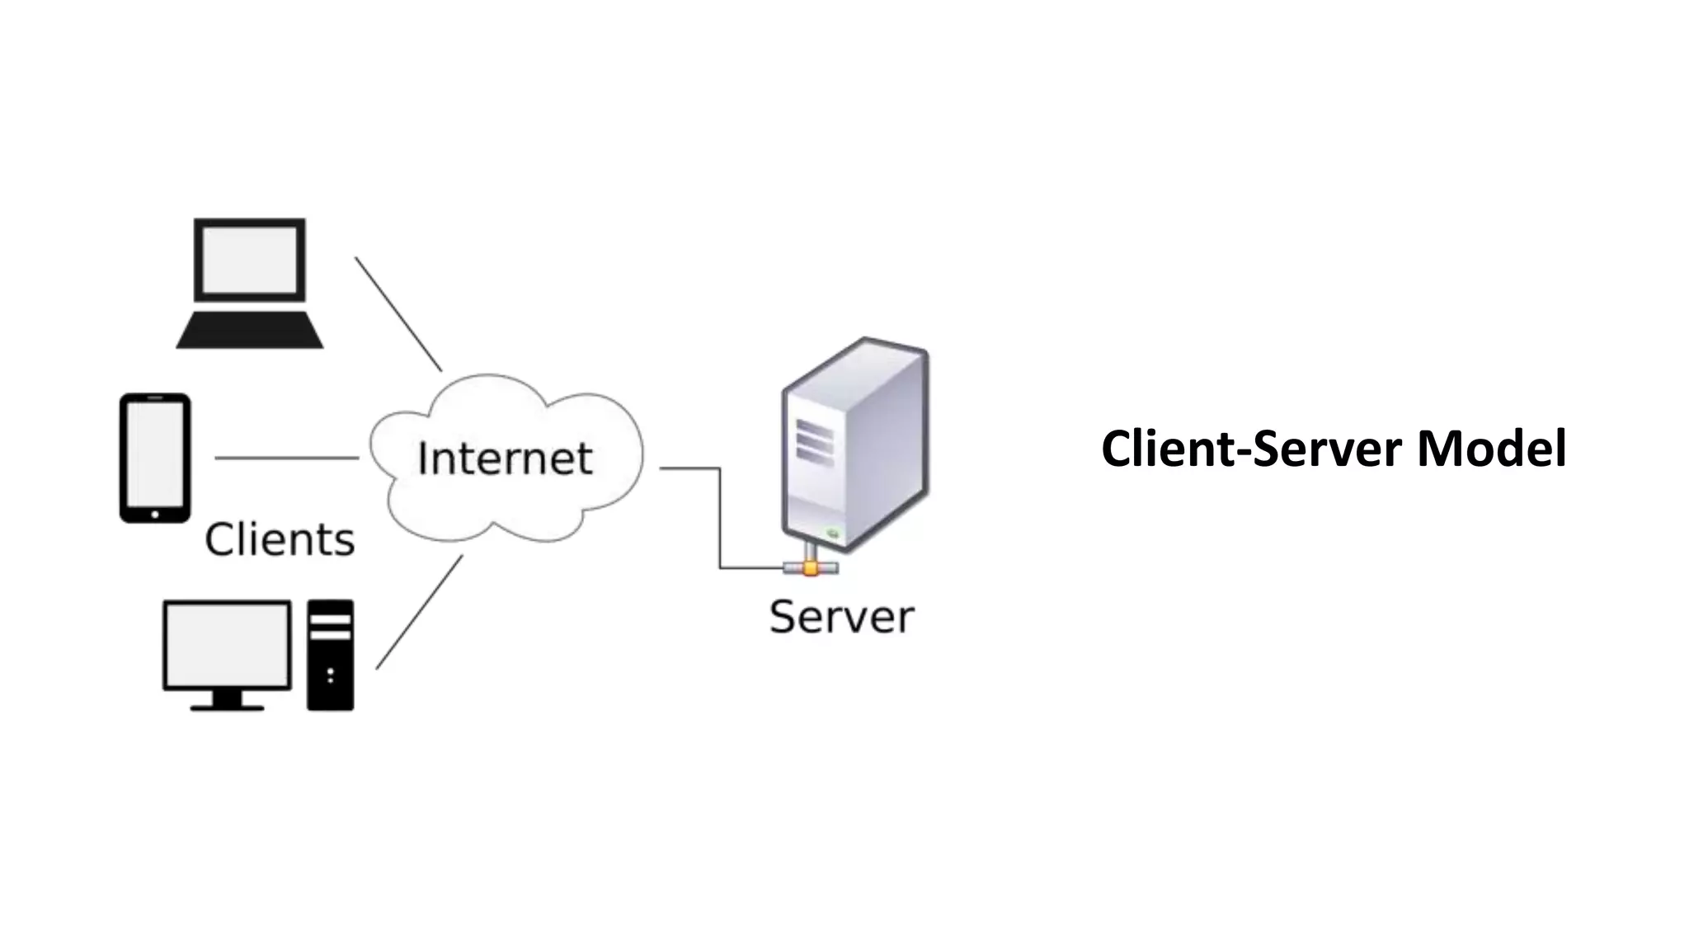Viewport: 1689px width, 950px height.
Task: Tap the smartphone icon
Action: click(155, 458)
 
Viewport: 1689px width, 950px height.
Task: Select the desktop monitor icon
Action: click(227, 645)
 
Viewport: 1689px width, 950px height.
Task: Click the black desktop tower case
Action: click(330, 655)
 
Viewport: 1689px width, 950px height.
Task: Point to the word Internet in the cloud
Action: click(505, 459)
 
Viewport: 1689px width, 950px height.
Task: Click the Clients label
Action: click(280, 540)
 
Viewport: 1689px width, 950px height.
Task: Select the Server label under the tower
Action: click(841, 617)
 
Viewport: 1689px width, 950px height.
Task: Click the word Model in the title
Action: click(1491, 449)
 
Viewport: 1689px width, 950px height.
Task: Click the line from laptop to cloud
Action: click(398, 313)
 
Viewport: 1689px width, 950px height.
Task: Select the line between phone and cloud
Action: click(286, 458)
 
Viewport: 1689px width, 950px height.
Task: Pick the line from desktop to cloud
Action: click(419, 612)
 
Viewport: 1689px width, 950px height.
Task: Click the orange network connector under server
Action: click(811, 568)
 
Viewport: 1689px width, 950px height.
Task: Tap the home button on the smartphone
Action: click(155, 515)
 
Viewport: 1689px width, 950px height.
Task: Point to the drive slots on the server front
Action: click(814, 442)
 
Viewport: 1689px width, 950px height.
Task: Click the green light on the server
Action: click(833, 534)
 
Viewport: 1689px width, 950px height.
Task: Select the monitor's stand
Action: click(227, 701)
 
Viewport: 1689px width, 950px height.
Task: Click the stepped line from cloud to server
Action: click(720, 520)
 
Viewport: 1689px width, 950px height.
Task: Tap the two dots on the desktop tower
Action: click(331, 675)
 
